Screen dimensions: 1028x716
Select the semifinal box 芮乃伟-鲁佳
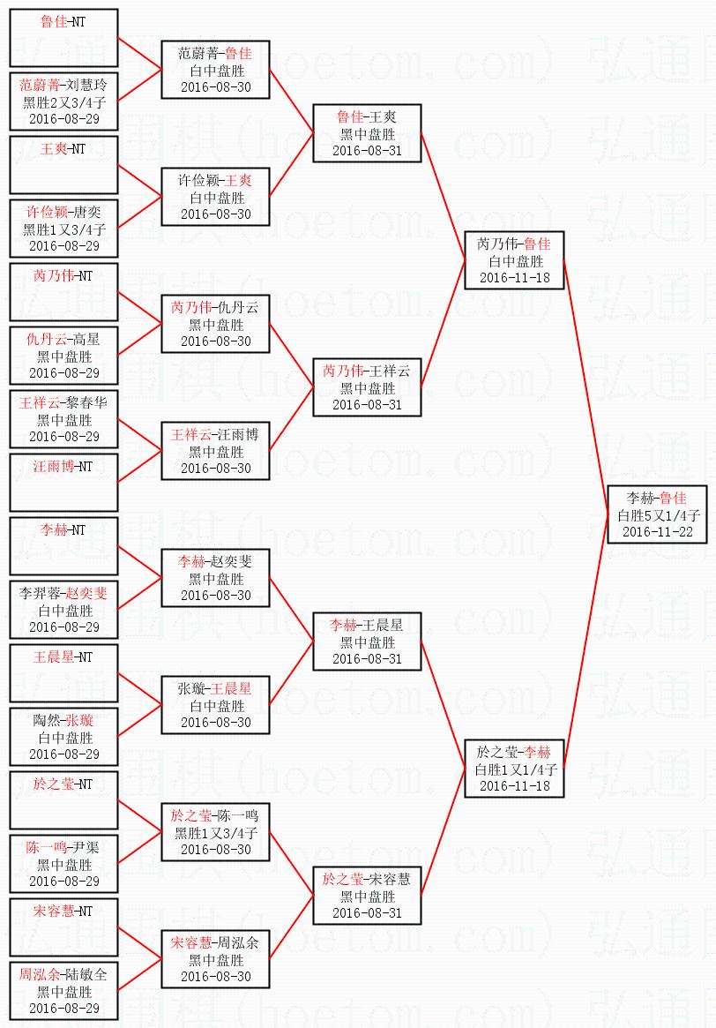pyautogui.click(x=514, y=260)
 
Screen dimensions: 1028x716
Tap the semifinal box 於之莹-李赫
pyautogui.click(x=514, y=769)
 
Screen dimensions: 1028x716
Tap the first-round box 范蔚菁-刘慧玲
pyautogui.click(x=64, y=101)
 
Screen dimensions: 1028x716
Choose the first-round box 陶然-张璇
pyautogui.click(x=64, y=737)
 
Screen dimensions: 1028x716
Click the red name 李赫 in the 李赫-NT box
pyautogui.click(x=54, y=529)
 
